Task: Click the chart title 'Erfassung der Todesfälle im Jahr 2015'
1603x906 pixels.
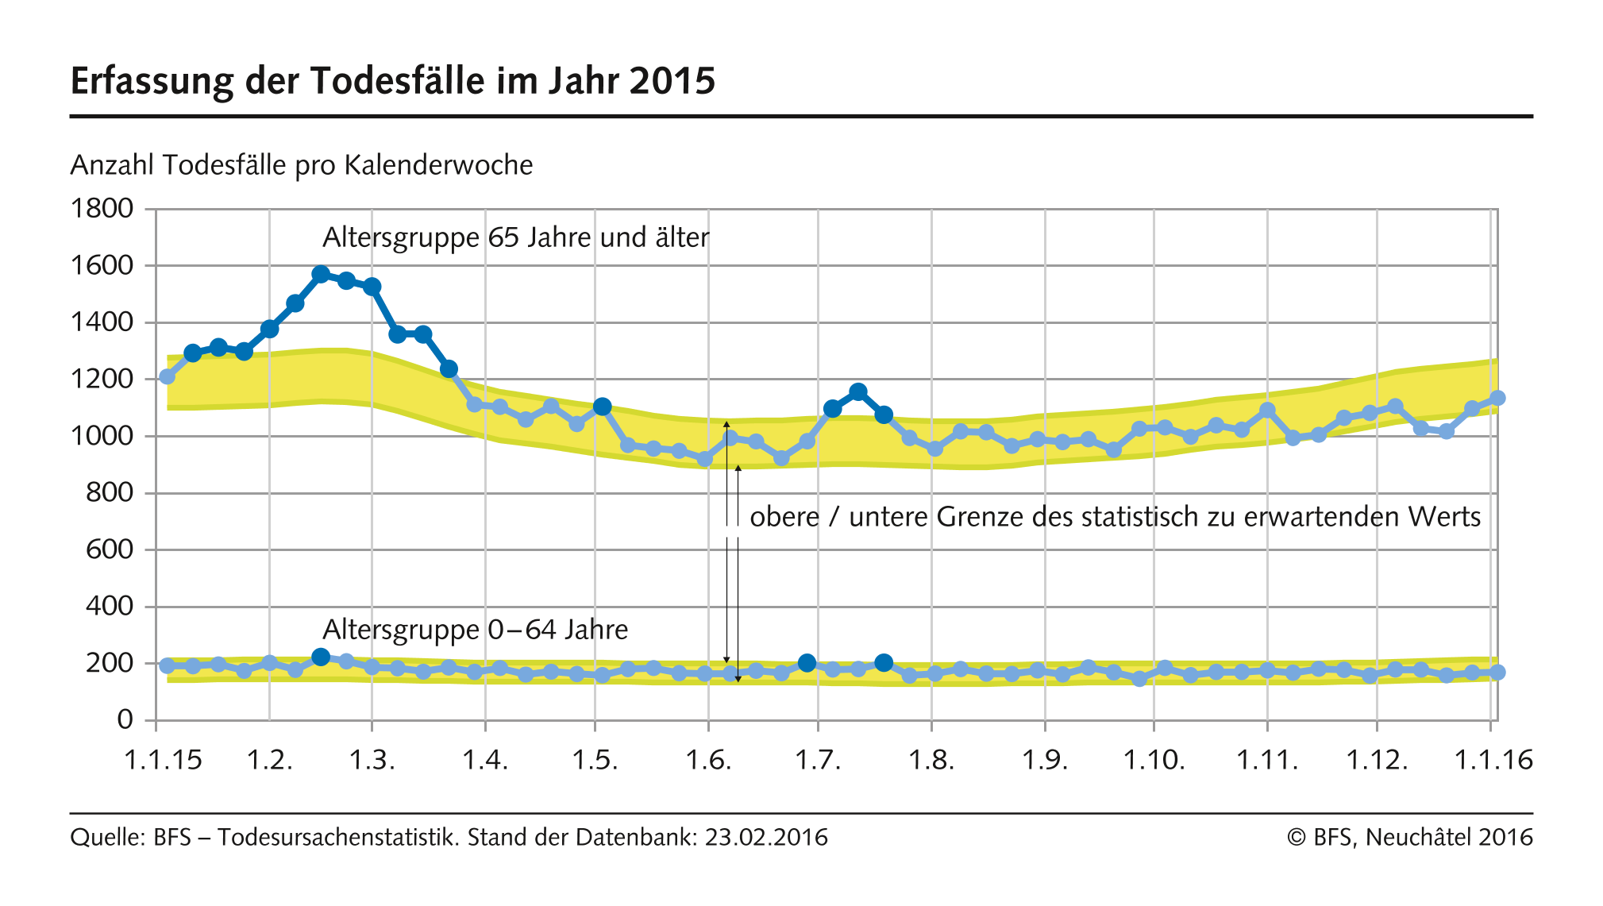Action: (x=393, y=81)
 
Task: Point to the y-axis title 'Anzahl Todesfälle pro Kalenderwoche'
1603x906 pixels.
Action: (x=302, y=165)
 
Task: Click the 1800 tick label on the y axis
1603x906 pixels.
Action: (x=102, y=209)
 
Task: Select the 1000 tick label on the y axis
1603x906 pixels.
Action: (x=102, y=436)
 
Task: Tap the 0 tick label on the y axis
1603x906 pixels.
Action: (x=125, y=719)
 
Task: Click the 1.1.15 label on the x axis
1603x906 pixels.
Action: (x=163, y=761)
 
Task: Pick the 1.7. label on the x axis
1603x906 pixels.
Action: (x=818, y=761)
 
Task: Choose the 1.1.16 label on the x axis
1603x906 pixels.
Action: (x=1493, y=761)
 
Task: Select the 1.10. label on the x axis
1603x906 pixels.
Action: (x=1154, y=761)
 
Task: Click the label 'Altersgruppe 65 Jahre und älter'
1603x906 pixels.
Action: (x=515, y=237)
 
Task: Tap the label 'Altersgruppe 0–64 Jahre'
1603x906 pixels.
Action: (x=475, y=630)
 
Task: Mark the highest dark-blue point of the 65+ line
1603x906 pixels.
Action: (x=321, y=275)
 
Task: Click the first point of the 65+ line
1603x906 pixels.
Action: (x=167, y=376)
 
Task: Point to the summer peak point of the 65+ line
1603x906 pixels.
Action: (x=857, y=391)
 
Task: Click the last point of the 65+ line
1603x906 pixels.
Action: (x=1497, y=398)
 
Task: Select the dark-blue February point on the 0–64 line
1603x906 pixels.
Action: (x=321, y=657)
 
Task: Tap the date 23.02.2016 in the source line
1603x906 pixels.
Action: (x=766, y=838)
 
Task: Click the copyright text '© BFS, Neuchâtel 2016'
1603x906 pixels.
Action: (x=1409, y=838)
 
